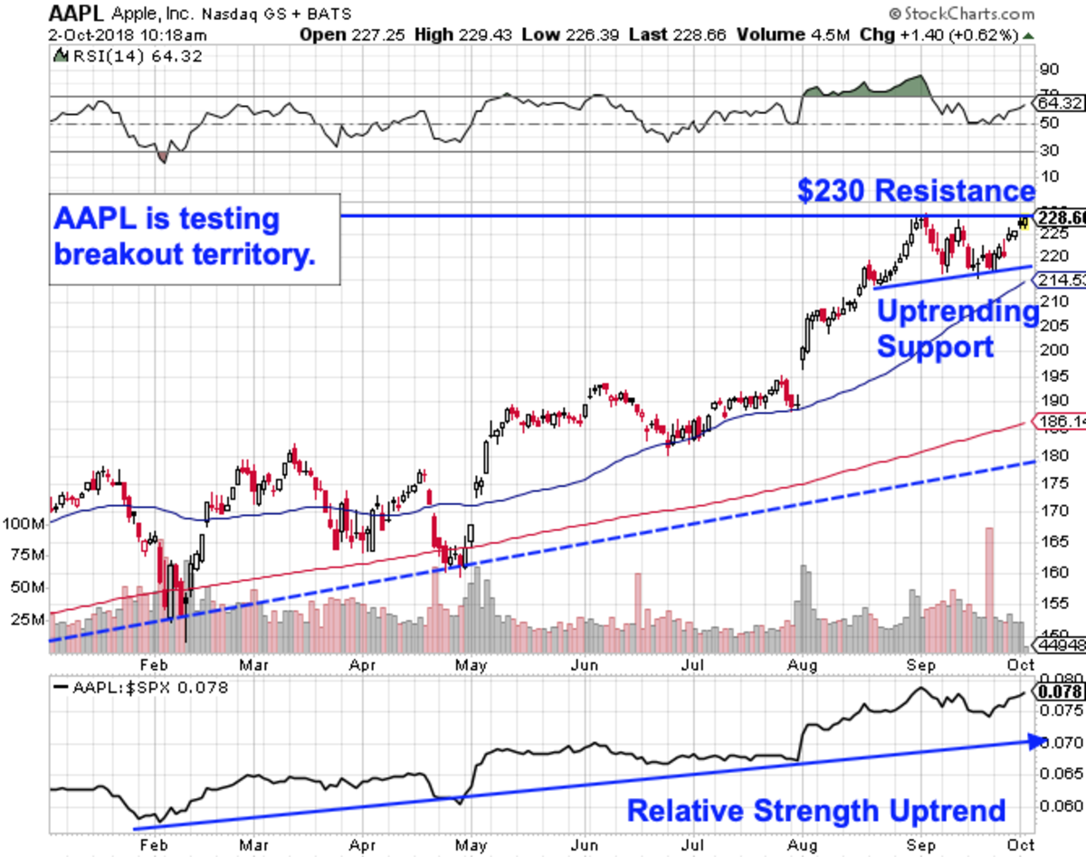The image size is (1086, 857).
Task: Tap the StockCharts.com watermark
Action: [965, 14]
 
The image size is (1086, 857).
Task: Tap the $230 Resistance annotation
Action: [916, 191]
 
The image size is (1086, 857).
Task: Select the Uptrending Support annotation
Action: [957, 329]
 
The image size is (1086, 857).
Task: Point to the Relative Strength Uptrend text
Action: [816, 810]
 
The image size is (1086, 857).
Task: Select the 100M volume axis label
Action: [24, 524]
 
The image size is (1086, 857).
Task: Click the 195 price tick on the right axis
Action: [1045, 376]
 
